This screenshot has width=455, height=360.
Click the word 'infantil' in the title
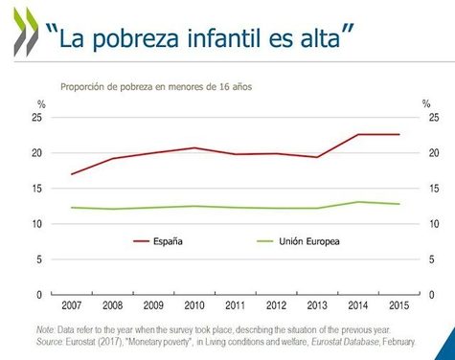click(x=223, y=38)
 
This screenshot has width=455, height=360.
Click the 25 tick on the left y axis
click(x=39, y=118)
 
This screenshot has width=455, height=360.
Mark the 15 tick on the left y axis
click(x=39, y=189)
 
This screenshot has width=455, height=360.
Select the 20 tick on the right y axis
click(x=434, y=153)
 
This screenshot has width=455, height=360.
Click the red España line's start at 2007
click(x=73, y=174)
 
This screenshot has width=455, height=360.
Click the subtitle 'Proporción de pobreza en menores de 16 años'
click(x=155, y=86)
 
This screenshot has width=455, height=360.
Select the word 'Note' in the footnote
click(x=45, y=329)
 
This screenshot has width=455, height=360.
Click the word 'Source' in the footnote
click(x=49, y=339)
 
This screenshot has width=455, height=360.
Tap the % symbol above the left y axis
click(x=40, y=103)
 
